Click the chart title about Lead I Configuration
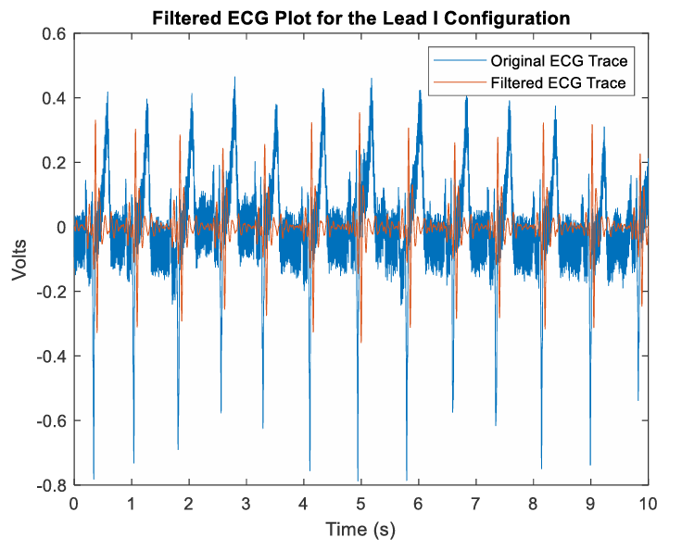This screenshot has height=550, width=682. pos(361,17)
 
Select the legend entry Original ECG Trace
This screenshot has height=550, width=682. pos(560,61)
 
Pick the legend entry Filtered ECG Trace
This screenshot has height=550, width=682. pos(560,82)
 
